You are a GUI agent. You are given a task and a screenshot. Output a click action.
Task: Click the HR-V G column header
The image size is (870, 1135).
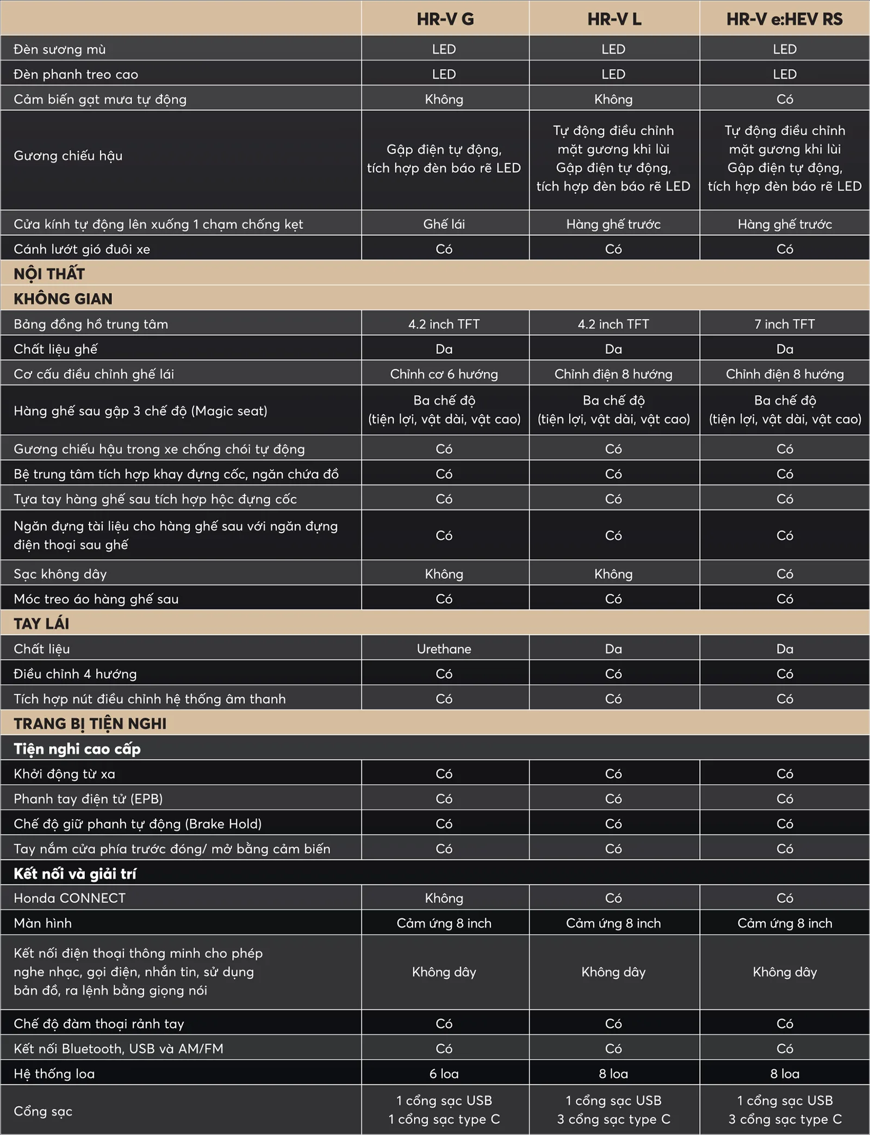point(445,20)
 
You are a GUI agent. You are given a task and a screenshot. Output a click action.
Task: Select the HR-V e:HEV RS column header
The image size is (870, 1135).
point(784,20)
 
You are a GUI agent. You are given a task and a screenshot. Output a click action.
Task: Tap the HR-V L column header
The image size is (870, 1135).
point(614,20)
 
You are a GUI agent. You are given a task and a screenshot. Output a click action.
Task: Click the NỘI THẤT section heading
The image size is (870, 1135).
point(49,273)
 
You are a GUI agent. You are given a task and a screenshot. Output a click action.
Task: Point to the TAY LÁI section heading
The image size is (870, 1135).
point(41,623)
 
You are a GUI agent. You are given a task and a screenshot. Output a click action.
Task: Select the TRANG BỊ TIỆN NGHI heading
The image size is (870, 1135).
point(90,724)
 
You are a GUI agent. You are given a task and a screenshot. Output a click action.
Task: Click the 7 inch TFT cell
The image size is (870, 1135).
point(784,324)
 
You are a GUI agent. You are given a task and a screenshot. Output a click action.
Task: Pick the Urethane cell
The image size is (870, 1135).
point(444,648)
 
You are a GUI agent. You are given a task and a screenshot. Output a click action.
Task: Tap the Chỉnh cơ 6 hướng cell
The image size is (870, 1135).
point(444,374)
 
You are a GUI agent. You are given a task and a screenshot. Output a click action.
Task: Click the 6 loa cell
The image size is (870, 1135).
point(444,1074)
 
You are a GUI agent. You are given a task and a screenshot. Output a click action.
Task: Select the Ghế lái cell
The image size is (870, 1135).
point(444,224)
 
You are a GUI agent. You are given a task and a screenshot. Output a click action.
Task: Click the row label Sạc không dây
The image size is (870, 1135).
point(60,574)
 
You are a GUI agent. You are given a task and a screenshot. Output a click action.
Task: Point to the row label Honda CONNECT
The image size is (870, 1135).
point(70,898)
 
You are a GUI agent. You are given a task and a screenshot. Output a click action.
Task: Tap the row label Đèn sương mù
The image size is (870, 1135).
point(60,49)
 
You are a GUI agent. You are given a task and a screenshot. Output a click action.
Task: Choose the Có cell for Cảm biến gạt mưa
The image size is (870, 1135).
point(784,99)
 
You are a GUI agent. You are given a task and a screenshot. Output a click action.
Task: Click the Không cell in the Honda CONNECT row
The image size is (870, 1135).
point(444,898)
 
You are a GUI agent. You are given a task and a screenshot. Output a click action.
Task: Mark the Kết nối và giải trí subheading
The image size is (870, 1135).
point(75,874)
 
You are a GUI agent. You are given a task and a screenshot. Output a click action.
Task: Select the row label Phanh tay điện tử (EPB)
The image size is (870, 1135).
point(88,799)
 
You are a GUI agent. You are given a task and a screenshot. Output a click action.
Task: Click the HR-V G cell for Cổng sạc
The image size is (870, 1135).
point(444,1109)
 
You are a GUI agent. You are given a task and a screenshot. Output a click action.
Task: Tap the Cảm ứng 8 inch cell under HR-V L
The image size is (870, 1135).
point(613,923)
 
